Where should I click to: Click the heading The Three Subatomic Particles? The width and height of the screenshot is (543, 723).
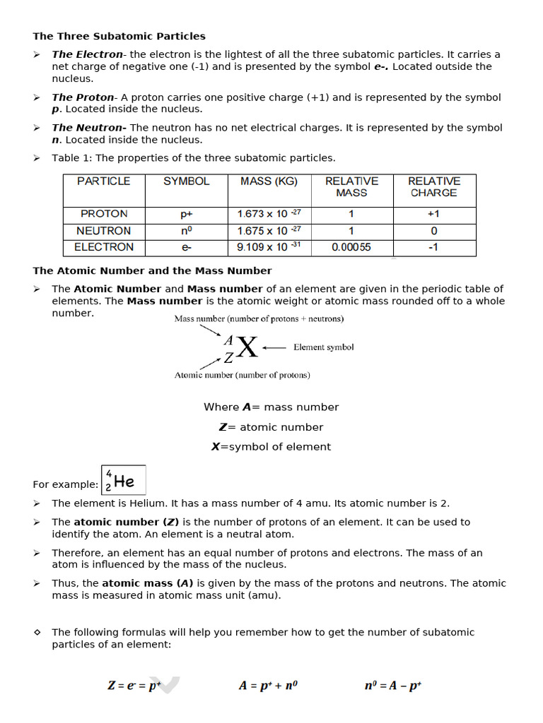[x=119, y=36]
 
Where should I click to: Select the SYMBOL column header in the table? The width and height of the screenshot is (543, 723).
[x=187, y=181]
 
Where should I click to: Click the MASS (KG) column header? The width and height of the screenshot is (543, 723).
[x=269, y=181]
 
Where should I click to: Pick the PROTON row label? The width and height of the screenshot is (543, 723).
[x=104, y=214]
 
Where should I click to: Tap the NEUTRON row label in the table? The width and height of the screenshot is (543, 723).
[x=104, y=231]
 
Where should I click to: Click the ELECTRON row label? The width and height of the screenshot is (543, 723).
[x=104, y=247]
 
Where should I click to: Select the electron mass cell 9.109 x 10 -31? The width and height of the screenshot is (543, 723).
[x=269, y=247]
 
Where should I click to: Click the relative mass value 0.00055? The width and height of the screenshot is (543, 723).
[x=351, y=247]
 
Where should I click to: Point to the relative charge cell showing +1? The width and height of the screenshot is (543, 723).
[x=433, y=214]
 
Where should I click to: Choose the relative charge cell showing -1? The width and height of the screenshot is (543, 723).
[x=433, y=247]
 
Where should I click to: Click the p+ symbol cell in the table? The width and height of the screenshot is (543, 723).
[x=187, y=214]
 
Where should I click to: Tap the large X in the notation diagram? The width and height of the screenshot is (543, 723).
[x=247, y=347]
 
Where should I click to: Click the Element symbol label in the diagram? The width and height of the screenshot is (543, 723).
[x=323, y=347]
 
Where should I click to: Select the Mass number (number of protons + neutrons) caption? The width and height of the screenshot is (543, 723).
[x=259, y=319]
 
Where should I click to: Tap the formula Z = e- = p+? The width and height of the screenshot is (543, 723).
[x=135, y=686]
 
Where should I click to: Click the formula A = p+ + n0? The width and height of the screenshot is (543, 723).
[x=268, y=686]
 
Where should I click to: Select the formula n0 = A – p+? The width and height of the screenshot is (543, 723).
[x=394, y=686]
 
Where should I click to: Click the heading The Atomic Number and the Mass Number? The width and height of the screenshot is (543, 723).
[x=152, y=270]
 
